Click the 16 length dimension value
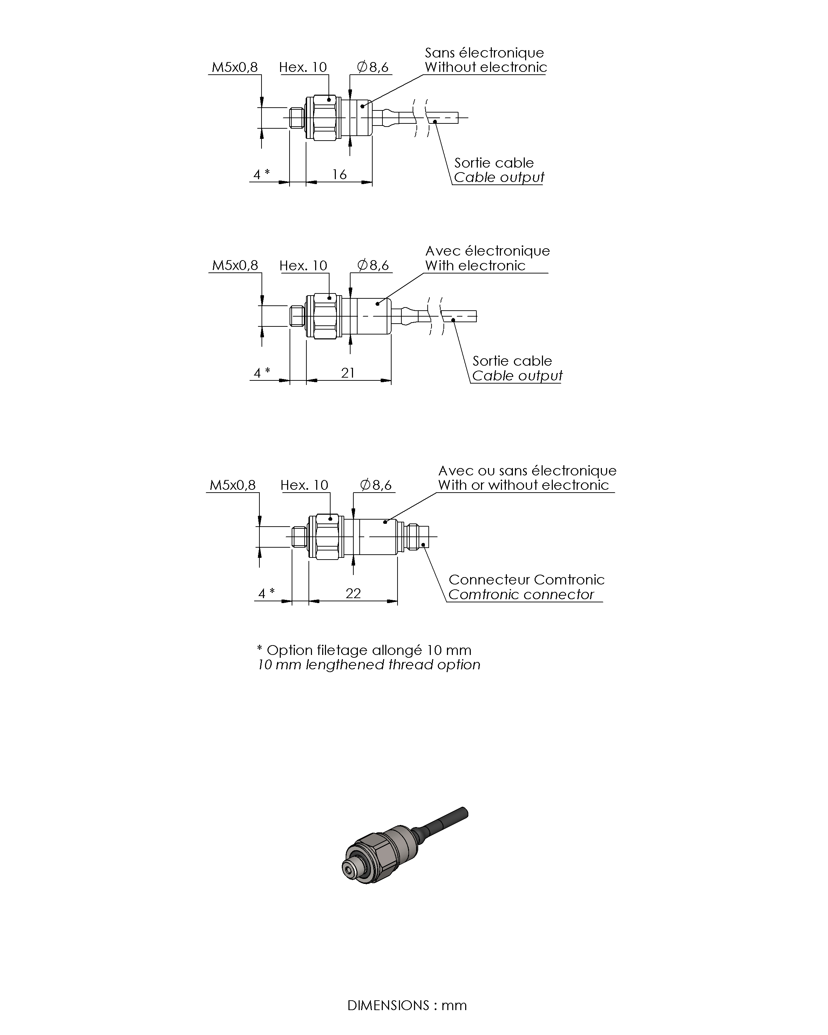coord(339,174)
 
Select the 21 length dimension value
coord(347,373)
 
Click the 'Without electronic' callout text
coord(485,67)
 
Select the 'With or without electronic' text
coord(523,485)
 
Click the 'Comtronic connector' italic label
coord(521,595)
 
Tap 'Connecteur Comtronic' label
coord(526,580)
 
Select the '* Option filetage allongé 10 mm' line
coord(364,650)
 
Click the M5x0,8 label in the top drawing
coord(235,67)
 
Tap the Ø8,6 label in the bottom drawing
coord(376,485)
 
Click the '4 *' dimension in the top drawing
coord(261,174)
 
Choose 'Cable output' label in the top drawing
coord(499,178)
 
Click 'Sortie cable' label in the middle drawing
coord(512,361)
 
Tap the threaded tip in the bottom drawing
coord(299,537)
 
